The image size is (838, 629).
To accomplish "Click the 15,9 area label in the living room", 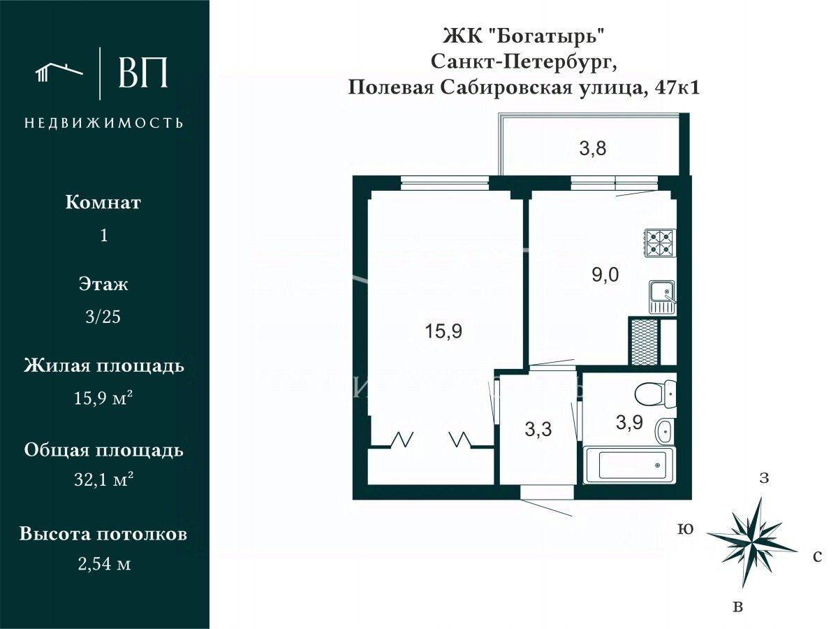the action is point(443,331).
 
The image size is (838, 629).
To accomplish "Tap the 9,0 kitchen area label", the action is point(605,275).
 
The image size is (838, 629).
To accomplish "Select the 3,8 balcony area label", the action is point(592,148).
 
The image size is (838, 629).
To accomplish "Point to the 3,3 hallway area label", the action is point(538,429).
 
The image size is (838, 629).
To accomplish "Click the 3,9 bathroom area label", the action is point(630,422).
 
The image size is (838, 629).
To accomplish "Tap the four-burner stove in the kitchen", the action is point(661,243).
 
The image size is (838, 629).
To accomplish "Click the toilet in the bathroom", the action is point(656,392).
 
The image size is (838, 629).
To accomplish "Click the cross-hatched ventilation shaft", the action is point(645,342).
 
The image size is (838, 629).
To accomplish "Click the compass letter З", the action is point(764,478).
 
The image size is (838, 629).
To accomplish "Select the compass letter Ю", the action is point(685,529).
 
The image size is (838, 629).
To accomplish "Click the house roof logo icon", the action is point(59,73).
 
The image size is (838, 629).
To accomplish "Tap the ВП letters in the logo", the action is point(142,73).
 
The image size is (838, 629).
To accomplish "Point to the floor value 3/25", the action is point(103,317).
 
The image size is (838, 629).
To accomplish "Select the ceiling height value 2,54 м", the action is point(104,564).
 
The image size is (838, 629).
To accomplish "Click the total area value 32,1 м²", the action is point(104,479).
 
